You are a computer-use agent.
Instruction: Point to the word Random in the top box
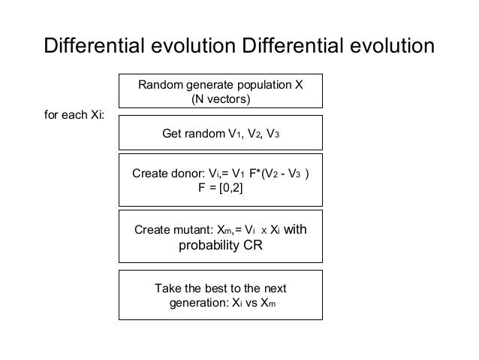tap(160, 84)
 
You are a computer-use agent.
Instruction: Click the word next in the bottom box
tap(273, 289)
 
